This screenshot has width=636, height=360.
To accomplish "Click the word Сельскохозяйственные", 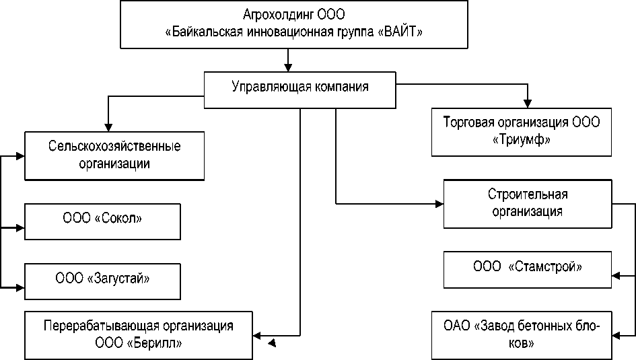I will (x=116, y=145).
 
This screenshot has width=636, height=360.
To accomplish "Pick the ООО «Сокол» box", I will (x=104, y=220).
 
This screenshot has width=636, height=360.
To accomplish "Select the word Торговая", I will (x=467, y=124).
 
